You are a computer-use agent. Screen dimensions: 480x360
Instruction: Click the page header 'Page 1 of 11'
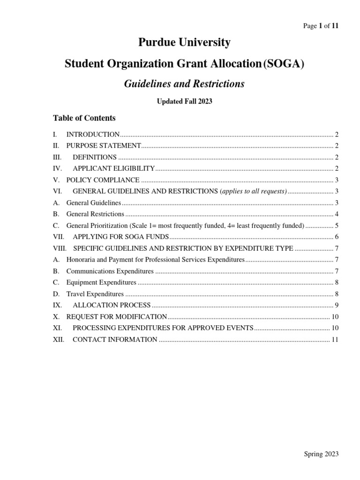point(321,26)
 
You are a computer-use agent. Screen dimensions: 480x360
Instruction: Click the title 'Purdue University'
point(184,43)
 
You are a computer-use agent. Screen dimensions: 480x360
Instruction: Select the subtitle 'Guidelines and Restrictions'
point(184,84)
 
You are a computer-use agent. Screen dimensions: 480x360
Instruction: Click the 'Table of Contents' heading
point(84,118)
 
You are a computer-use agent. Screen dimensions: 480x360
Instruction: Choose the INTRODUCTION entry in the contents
point(93,135)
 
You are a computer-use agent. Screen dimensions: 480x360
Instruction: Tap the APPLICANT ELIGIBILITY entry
point(113,168)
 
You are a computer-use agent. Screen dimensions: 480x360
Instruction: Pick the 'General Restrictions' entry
point(95,214)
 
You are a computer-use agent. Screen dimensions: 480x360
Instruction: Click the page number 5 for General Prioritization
point(337,225)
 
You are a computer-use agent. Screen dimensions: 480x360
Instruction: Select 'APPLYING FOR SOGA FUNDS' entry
point(120,237)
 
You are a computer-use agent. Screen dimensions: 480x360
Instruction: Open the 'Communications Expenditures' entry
point(110,271)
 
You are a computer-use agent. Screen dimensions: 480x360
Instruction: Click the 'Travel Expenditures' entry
point(95,294)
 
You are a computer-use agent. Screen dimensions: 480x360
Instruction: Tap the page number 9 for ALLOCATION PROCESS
point(337,305)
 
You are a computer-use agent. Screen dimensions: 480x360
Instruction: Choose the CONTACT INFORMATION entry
point(115,339)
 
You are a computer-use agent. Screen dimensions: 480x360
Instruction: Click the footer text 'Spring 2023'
point(321,454)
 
